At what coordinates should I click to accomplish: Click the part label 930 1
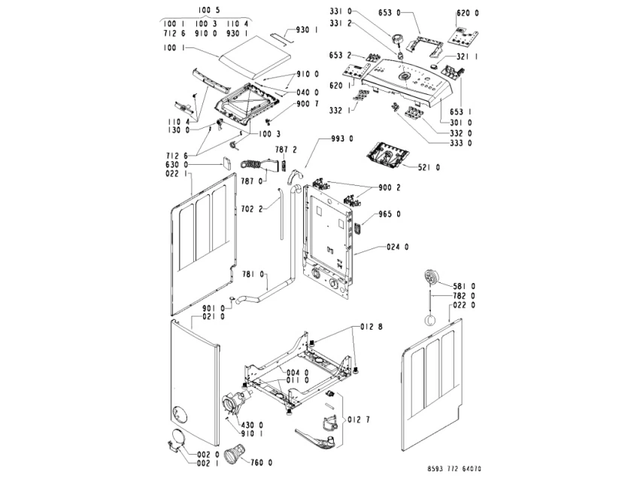[x=307, y=30]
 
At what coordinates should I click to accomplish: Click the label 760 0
[x=261, y=461]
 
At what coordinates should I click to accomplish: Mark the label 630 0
[x=177, y=164]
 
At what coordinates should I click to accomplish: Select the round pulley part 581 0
[x=432, y=278]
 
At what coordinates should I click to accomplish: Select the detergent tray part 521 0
[x=387, y=157]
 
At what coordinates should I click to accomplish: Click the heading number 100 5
[x=211, y=10]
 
